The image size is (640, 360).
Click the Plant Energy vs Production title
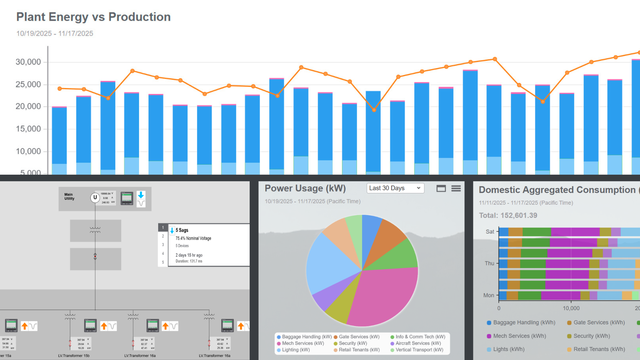[93, 17]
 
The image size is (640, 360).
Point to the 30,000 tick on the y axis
[28, 62]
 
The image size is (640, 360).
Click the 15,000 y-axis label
[28, 129]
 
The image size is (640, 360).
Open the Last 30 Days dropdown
[395, 188]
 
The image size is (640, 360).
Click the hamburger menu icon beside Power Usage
[456, 189]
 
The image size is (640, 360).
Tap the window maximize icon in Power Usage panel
[441, 189]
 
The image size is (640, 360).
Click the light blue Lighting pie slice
[330, 263]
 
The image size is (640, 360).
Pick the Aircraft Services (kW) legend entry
[418, 343]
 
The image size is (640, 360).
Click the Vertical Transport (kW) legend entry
[419, 350]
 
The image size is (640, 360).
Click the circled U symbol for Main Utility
[95, 197]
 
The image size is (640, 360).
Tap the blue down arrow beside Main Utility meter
[141, 195]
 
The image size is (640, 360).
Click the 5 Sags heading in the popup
[182, 230]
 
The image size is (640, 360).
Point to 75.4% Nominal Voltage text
[193, 238]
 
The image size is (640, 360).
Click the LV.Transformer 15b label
[74, 356]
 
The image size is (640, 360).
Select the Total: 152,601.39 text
[508, 215]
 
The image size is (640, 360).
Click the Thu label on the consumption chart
[489, 263]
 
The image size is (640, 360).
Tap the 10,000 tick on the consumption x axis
[571, 308]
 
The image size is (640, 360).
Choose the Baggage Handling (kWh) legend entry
[524, 323]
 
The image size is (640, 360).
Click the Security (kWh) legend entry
[591, 336]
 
